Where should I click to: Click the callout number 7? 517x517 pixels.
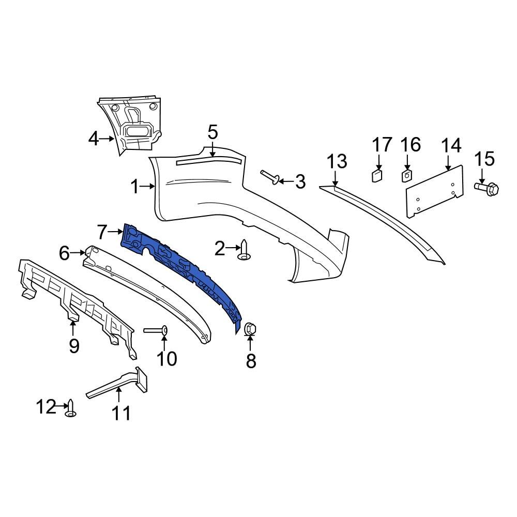tap(101, 232)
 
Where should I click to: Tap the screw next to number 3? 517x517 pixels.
tap(271, 177)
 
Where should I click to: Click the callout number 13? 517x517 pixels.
tap(337, 162)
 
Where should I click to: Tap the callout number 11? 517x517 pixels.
tap(122, 413)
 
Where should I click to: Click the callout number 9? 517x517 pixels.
tap(74, 345)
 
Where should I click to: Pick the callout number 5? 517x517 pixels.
tap(212, 132)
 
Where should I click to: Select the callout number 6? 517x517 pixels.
tap(64, 253)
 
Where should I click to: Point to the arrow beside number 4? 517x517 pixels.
tap(108, 139)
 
